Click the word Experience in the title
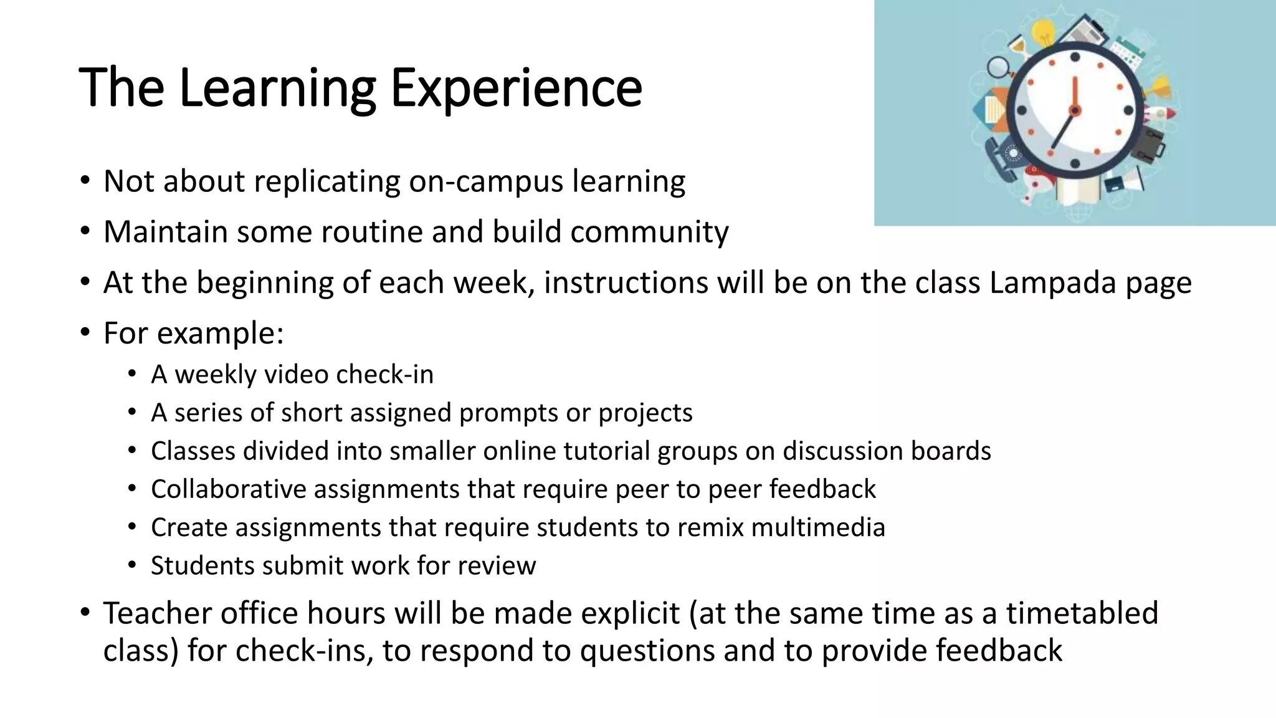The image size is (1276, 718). (516, 88)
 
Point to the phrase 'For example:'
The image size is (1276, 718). (193, 333)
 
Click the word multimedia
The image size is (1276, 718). (818, 527)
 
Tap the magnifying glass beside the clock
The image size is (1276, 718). (997, 67)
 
